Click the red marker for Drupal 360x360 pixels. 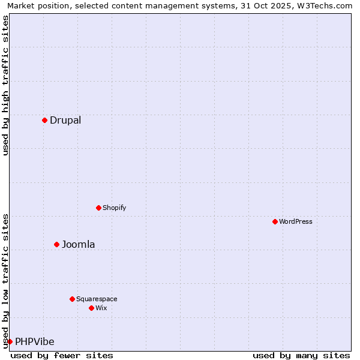44,120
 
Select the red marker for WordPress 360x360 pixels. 275,221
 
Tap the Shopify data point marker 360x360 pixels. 98,208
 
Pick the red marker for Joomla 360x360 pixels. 56,244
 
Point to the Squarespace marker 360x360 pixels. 72,299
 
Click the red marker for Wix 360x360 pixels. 91,308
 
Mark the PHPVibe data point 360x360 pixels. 10,341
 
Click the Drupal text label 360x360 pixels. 65,120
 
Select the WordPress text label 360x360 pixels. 295,221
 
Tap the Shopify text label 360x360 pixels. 114,208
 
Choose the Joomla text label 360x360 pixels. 78,244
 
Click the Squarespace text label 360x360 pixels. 97,299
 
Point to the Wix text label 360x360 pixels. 101,308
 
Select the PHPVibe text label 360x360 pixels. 34,341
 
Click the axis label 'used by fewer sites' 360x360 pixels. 62,355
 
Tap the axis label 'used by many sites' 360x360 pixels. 301,355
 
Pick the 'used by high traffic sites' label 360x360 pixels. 5,85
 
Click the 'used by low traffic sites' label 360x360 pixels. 5,280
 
